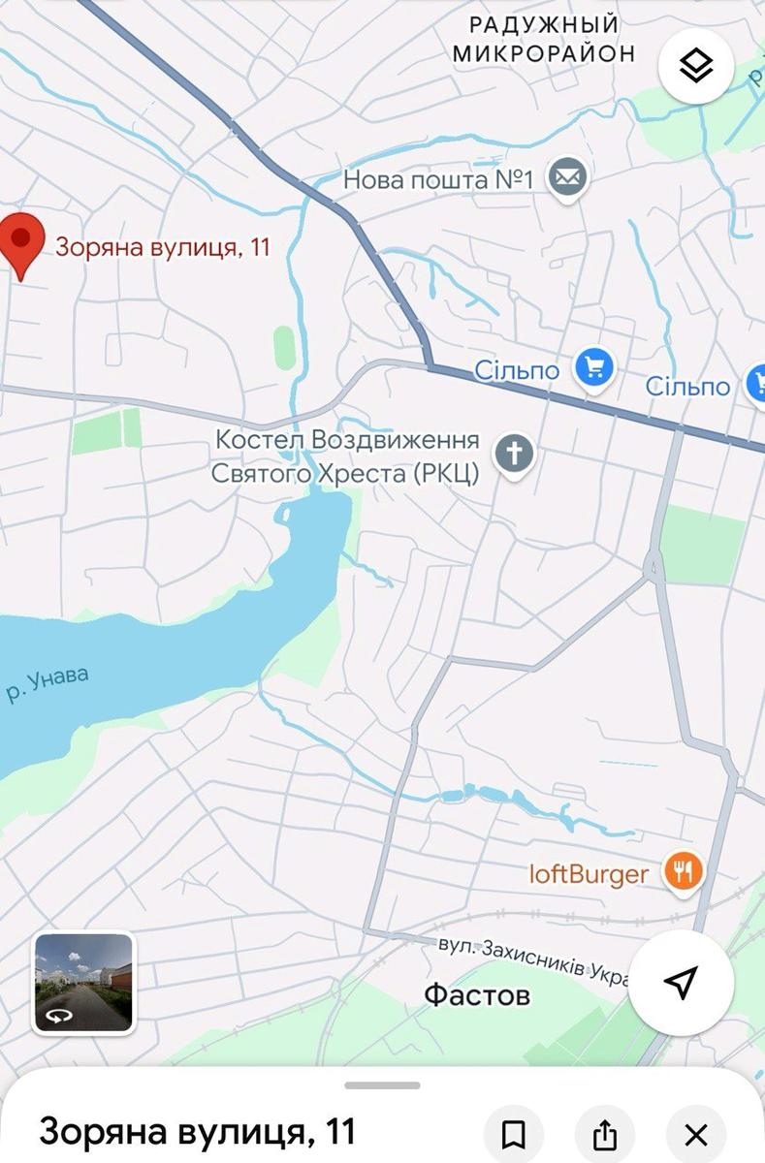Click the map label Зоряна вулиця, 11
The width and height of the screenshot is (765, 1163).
[162, 247]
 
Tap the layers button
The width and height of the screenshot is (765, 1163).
[695, 66]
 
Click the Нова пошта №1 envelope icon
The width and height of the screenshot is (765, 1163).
[567, 178]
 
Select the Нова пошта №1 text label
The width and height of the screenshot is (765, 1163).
[440, 179]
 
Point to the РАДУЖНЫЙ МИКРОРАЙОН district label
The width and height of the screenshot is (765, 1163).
[544, 38]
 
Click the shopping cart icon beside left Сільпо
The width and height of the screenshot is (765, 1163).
[593, 368]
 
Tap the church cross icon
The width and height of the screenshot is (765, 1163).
[515, 453]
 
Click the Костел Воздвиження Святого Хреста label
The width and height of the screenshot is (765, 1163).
[347, 456]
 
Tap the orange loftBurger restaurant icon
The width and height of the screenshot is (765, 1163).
[684, 872]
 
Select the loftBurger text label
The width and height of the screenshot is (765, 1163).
[589, 874]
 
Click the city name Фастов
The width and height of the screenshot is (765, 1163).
[477, 995]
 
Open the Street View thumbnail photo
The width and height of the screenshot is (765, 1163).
[83, 983]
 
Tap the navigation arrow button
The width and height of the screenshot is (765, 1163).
[681, 983]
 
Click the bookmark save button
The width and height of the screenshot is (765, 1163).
[514, 1133]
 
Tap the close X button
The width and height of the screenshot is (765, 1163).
[696, 1133]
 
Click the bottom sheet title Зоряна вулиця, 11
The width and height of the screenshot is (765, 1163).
[198, 1131]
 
